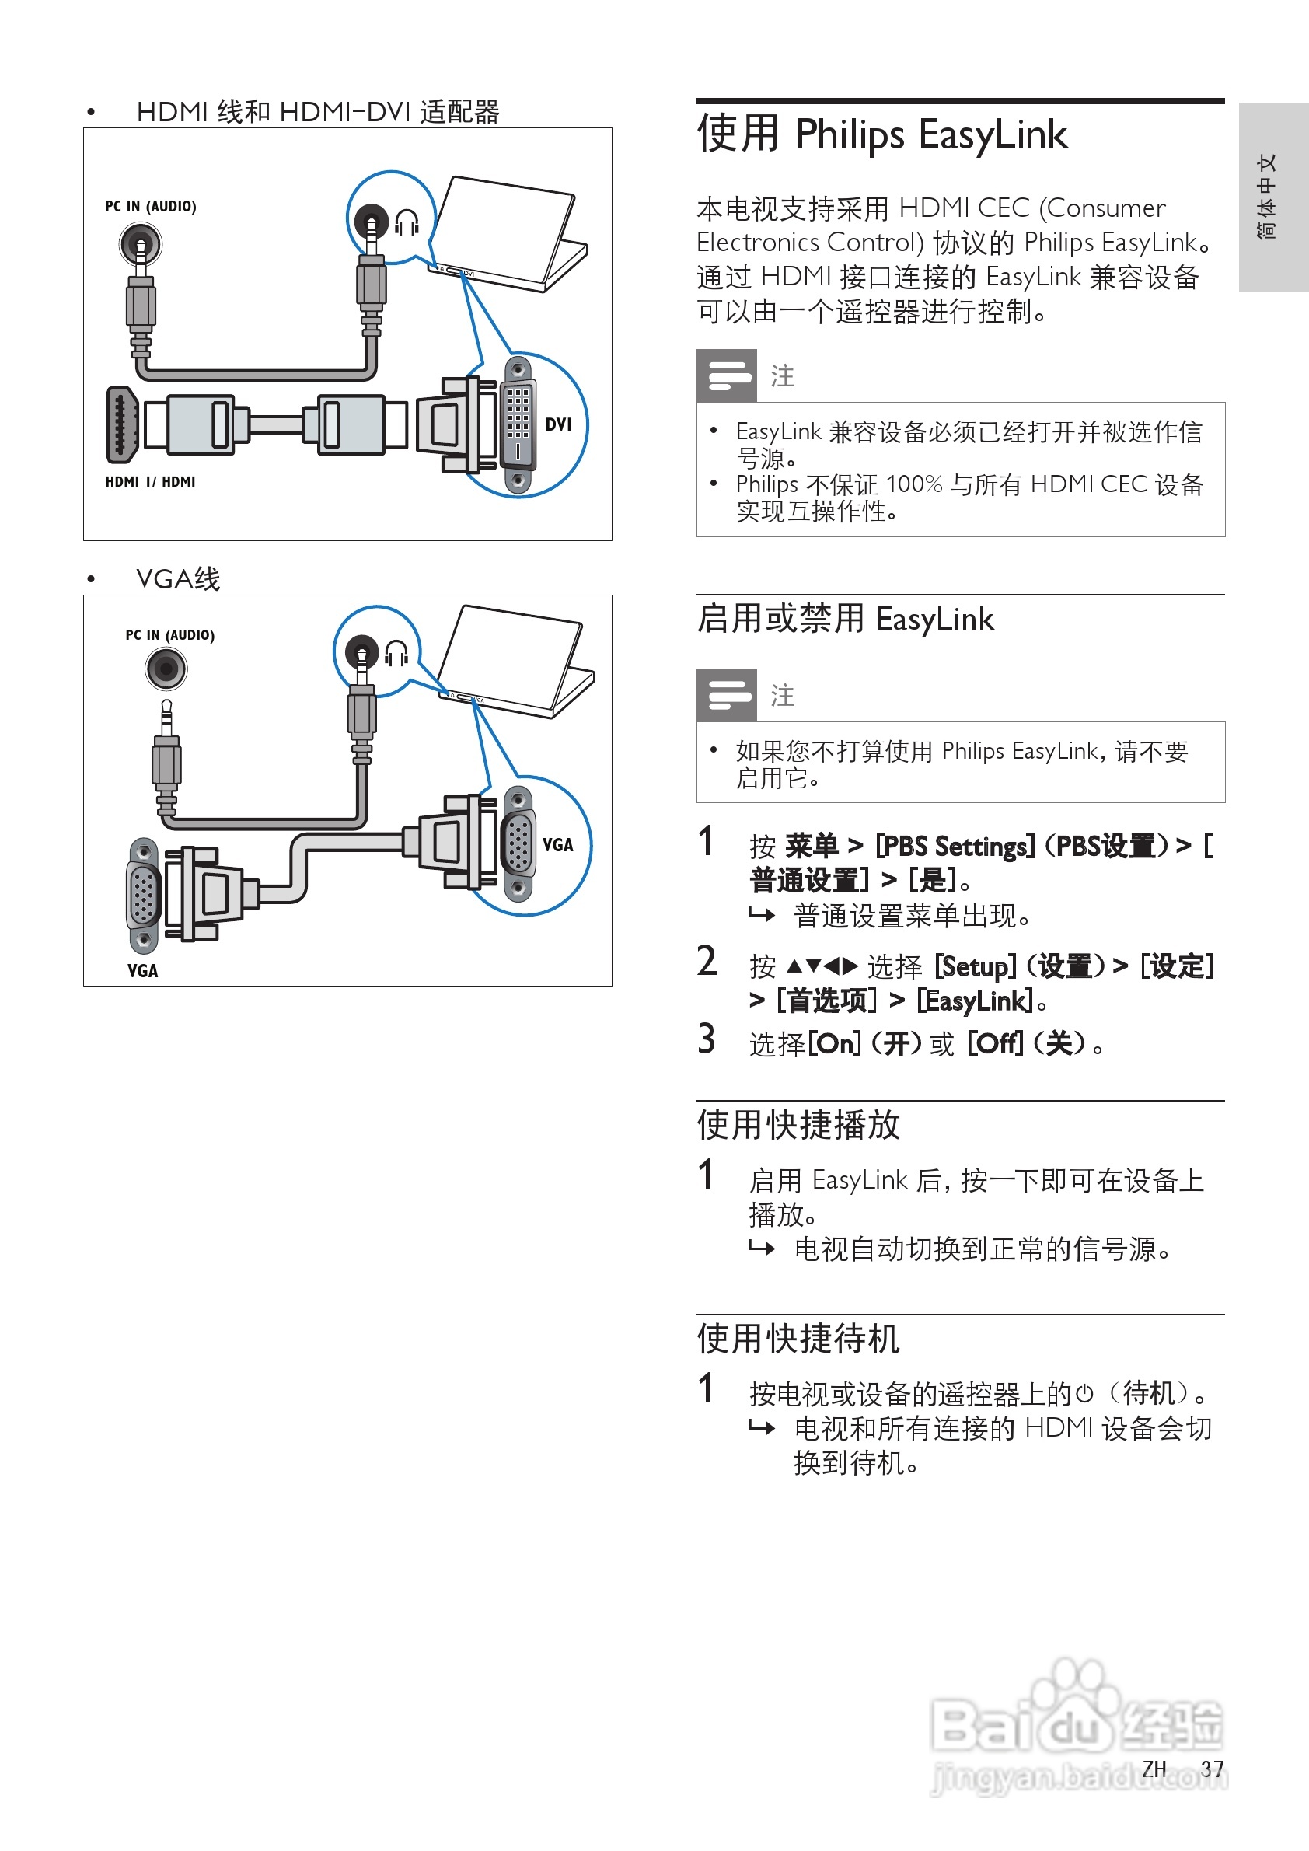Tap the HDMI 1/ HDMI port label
pos(150,481)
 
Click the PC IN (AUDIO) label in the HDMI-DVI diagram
pos(151,206)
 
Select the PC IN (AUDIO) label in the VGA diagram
pos(170,635)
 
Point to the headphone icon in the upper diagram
pos(407,222)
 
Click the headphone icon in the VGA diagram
pos(396,652)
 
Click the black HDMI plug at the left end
pos(121,425)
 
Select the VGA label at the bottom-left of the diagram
pos(143,971)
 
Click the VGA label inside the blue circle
pos(558,845)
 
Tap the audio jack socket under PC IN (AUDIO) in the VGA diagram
pos(166,669)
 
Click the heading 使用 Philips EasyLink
pos(881,134)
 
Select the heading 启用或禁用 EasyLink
pos(845,619)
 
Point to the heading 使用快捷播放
pos(798,1125)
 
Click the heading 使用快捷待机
pos(798,1338)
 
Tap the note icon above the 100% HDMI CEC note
pos(726,375)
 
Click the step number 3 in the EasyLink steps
pos(706,1039)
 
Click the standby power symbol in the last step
pos(1084,1393)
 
